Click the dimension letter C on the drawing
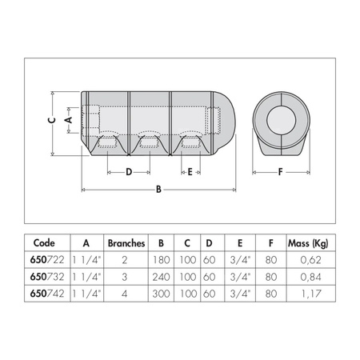tap(50, 120)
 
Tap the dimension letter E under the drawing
tap(189, 171)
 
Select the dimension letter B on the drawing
tap(158, 190)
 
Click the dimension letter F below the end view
tap(280, 171)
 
